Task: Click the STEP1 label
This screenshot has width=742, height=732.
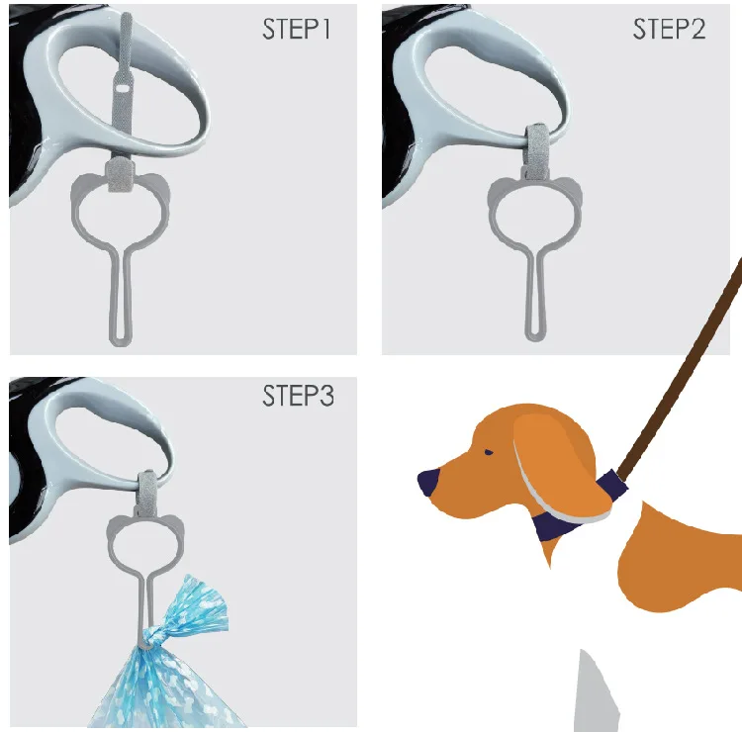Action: point(296,30)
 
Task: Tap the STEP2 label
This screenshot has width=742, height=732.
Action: point(669,30)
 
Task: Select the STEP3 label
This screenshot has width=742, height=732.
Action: point(298,397)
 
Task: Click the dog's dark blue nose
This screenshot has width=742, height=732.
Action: point(428,483)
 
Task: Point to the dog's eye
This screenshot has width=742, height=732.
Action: point(488,452)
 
